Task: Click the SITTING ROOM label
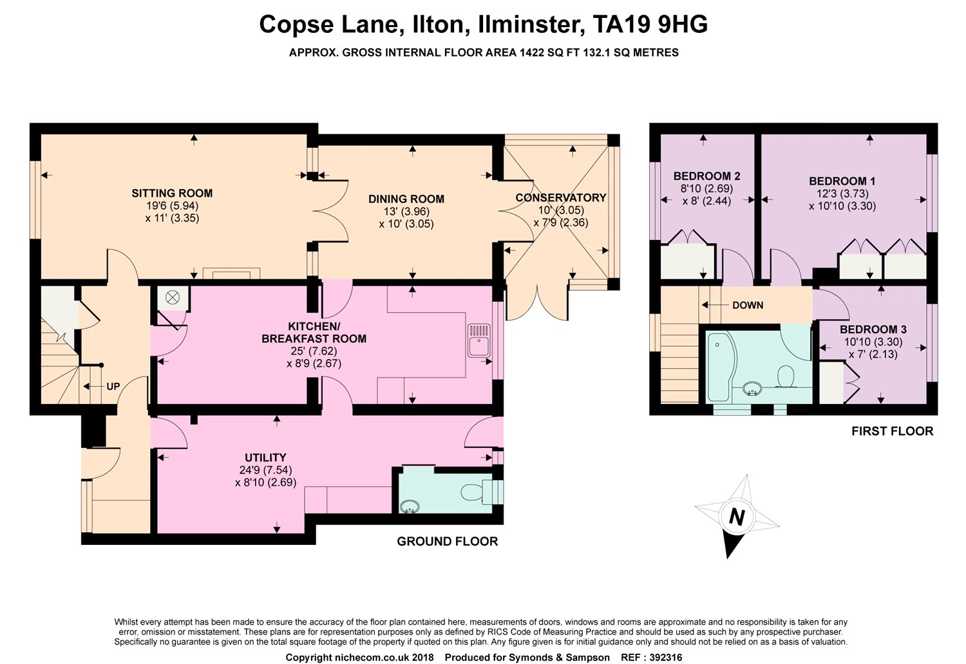[172, 193]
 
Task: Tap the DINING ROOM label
[406, 199]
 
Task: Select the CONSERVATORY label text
[561, 198]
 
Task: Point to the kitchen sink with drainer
[479, 340]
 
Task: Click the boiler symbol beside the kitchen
[173, 297]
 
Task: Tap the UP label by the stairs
[113, 387]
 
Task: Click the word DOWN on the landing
[748, 305]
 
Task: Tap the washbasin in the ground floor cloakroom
[410, 507]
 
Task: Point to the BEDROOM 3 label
[873, 329]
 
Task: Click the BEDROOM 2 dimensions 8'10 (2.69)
[707, 189]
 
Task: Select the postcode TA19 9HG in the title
[650, 24]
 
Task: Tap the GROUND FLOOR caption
[447, 542]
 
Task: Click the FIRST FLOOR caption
[892, 431]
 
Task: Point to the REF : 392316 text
[651, 658]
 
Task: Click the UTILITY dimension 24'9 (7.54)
[265, 470]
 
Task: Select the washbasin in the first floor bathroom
[752, 389]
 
